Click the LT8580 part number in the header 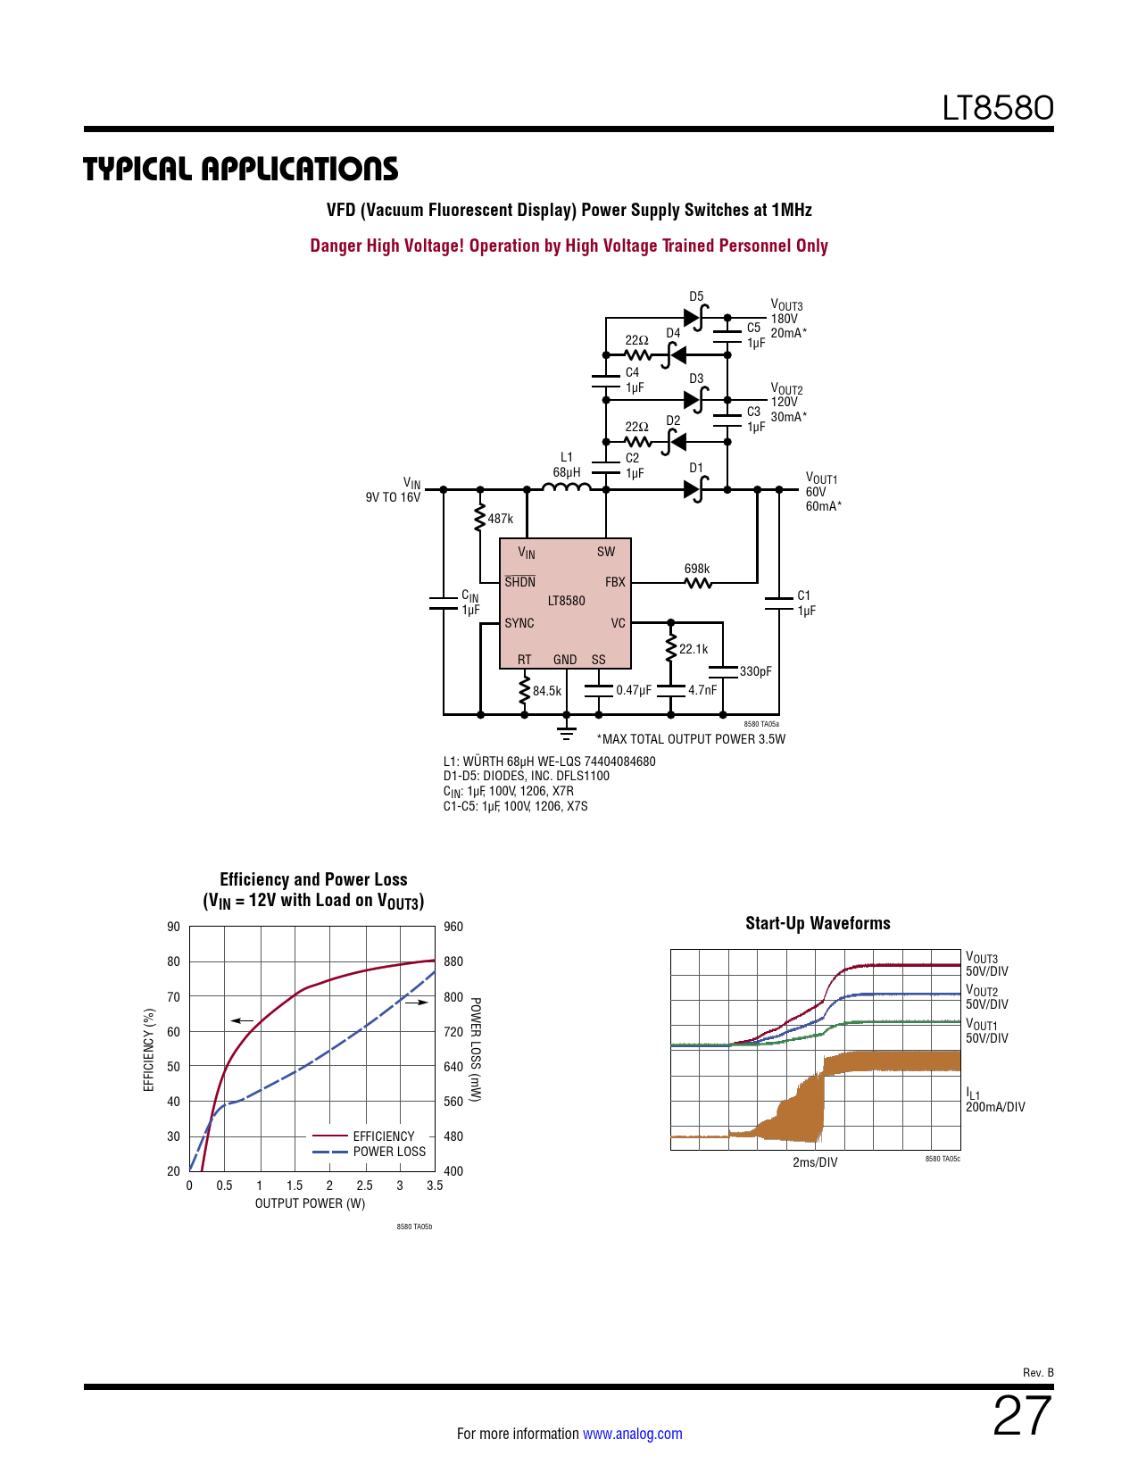pyautogui.click(x=998, y=108)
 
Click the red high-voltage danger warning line pyautogui.click(x=569, y=245)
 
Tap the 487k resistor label pyautogui.click(x=501, y=519)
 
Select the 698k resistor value pyautogui.click(x=697, y=569)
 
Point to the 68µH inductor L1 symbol pyautogui.click(x=566, y=487)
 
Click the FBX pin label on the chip pyautogui.click(x=615, y=582)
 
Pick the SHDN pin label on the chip pyautogui.click(x=520, y=582)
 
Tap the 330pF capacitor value pyautogui.click(x=756, y=671)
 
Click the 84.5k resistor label pyautogui.click(x=547, y=691)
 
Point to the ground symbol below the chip pyautogui.click(x=566, y=733)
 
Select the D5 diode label pyautogui.click(x=696, y=296)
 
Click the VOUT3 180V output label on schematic pyautogui.click(x=786, y=312)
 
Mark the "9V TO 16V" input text pyautogui.click(x=393, y=497)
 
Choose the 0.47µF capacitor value pyautogui.click(x=634, y=691)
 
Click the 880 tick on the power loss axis pyautogui.click(x=453, y=961)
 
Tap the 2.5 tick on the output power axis pyautogui.click(x=364, y=1186)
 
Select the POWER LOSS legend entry pyautogui.click(x=389, y=1152)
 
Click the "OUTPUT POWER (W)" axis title pyautogui.click(x=311, y=1203)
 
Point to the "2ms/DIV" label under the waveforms pyautogui.click(x=815, y=1162)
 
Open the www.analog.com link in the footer pyautogui.click(x=632, y=1434)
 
